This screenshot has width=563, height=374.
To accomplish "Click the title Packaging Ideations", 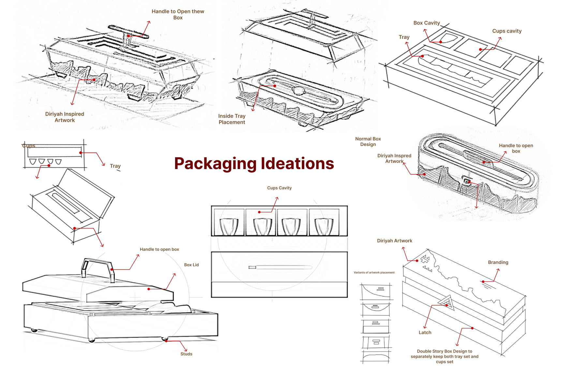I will tap(254, 164).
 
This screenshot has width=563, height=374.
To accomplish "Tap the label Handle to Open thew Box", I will tap(178, 14).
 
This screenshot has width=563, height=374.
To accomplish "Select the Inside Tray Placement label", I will tap(232, 119).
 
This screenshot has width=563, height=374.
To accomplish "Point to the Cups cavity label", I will tap(507, 31).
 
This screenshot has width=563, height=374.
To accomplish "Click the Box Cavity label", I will tap(426, 23).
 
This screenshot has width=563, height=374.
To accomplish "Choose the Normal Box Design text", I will tap(368, 142).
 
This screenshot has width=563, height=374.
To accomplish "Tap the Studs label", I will tap(186, 354).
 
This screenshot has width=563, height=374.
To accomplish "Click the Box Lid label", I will tap(191, 265).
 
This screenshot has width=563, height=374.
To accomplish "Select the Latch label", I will tap(425, 332).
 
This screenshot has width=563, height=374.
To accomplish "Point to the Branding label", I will tap(498, 262).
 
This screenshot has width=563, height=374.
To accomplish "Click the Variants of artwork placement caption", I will tap(374, 273).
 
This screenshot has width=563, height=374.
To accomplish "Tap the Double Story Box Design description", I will tap(444, 356).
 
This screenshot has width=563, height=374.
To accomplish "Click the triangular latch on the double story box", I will tap(448, 303).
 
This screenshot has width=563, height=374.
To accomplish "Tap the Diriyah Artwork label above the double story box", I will tap(394, 241).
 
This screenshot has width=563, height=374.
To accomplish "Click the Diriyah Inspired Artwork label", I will tap(65, 117).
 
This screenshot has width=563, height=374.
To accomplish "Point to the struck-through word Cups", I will tap(29, 146).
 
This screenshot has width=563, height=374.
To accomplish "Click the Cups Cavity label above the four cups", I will tap(279, 188).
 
